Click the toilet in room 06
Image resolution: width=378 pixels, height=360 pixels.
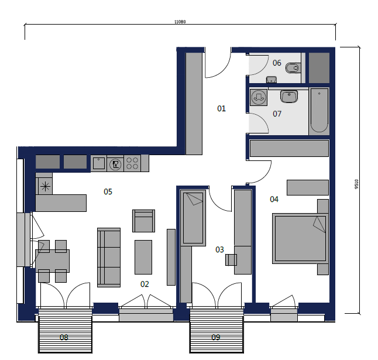pyautogui.click(x=293, y=68)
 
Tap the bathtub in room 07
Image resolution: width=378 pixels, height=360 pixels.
pyautogui.click(x=319, y=111)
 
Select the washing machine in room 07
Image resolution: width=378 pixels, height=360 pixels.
pyautogui.click(x=259, y=97)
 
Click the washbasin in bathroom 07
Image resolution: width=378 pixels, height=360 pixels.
pyautogui.click(x=289, y=96)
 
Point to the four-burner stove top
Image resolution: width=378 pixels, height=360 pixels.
pyautogui.click(x=132, y=163)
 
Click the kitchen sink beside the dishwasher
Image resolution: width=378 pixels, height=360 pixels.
pyautogui.click(x=99, y=163)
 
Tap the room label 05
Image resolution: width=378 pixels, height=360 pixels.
pyautogui.click(x=108, y=191)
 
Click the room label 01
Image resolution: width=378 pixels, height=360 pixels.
pyautogui.click(x=221, y=108)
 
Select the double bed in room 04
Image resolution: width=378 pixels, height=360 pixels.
pyautogui.click(x=300, y=238)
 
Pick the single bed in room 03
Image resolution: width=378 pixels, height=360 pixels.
pyautogui.click(x=193, y=218)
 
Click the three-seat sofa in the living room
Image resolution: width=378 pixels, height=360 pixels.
pyautogui.click(x=109, y=258)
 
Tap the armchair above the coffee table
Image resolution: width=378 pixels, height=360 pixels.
pyautogui.click(x=143, y=221)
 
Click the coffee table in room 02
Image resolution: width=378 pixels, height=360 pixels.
pyautogui.click(x=143, y=257)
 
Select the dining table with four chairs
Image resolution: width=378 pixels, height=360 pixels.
pyautogui.click(x=52, y=261)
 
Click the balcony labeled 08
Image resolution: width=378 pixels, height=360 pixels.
pyautogui.click(x=65, y=331)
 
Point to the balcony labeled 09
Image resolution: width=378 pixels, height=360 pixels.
pyautogui.click(x=217, y=331)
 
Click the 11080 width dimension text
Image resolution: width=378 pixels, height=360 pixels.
pyautogui.click(x=180, y=22)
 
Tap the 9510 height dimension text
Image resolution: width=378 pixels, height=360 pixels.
pyautogui.click(x=356, y=184)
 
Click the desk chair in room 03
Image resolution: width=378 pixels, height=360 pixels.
pyautogui.click(x=231, y=260)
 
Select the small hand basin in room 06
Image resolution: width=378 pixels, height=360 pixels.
pyautogui.click(x=272, y=80)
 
